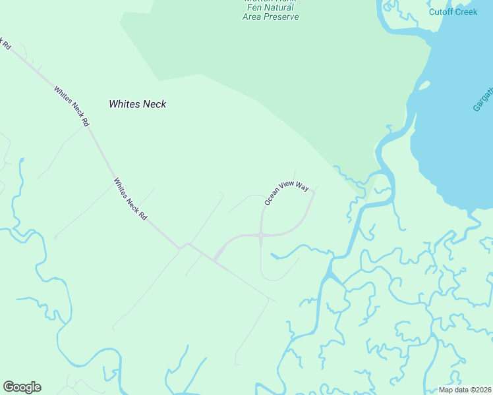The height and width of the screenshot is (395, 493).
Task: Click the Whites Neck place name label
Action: tap(137, 104)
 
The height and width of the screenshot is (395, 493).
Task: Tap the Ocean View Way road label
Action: tap(287, 193)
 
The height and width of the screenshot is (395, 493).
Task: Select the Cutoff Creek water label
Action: tap(453, 12)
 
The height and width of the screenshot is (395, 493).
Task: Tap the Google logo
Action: tap(22, 387)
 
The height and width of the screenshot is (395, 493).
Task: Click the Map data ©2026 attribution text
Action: tap(465, 390)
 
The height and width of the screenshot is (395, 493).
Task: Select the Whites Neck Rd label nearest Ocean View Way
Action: tap(130, 199)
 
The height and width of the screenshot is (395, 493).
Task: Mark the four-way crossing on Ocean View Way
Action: tap(262, 234)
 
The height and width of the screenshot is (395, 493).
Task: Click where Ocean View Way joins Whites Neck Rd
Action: tap(216, 259)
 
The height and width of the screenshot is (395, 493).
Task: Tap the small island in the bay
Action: tap(423, 86)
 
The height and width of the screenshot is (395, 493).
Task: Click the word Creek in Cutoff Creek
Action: tap(465, 12)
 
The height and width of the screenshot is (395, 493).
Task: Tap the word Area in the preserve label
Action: tap(252, 16)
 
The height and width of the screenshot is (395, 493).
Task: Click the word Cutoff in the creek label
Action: tap(440, 12)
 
